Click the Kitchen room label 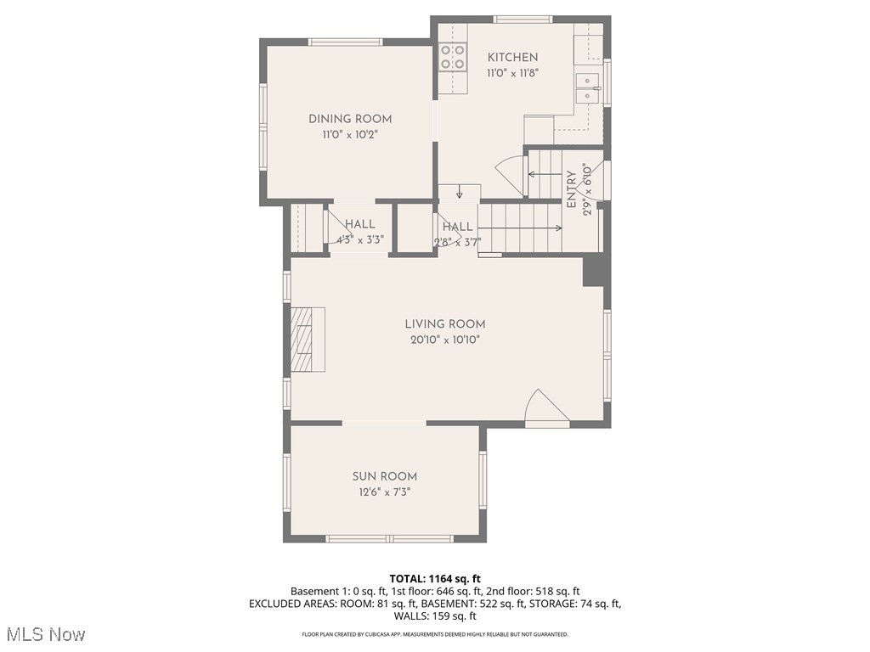(x=512, y=58)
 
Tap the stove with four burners (x=452, y=57)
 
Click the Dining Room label (x=350, y=120)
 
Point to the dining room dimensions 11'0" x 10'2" (x=350, y=135)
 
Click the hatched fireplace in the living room (x=302, y=340)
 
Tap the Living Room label (x=444, y=324)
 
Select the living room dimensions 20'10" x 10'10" (x=444, y=340)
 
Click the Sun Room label (x=385, y=477)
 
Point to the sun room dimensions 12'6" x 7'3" (x=385, y=492)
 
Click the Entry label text (x=571, y=189)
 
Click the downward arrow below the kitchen (x=459, y=192)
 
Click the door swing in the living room (x=544, y=407)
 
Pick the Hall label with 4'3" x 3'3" (x=360, y=224)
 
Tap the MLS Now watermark (x=46, y=634)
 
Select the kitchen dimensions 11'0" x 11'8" (x=512, y=73)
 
